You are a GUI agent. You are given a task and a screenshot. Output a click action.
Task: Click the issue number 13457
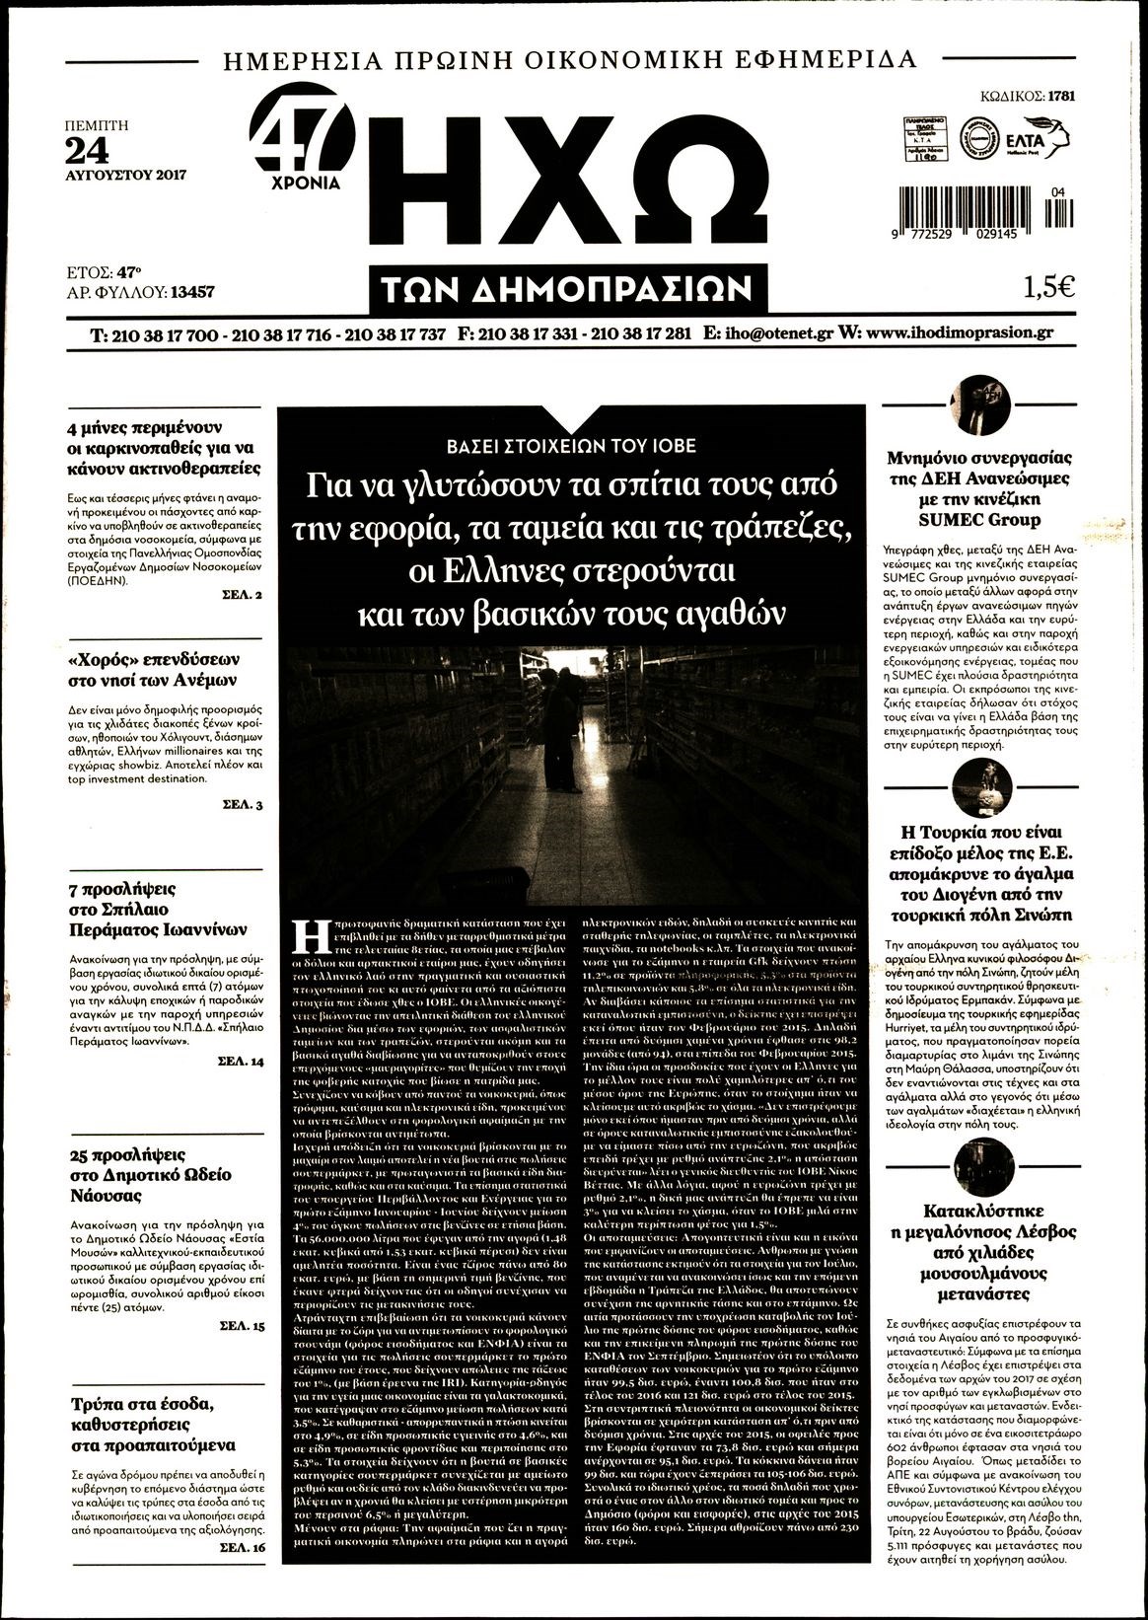[192, 292]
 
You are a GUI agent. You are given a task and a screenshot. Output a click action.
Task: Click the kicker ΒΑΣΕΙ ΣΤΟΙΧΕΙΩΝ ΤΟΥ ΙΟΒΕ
[571, 445]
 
